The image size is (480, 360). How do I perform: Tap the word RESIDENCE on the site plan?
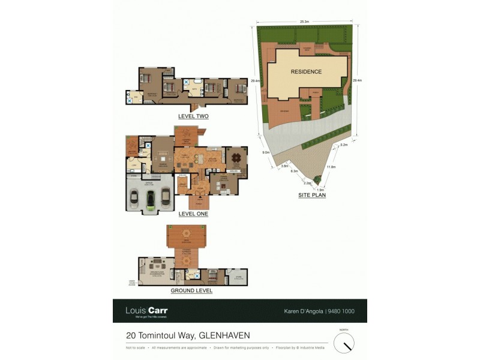tap(306, 72)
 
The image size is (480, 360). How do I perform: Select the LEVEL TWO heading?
tap(193, 116)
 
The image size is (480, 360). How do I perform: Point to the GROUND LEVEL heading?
tap(192, 290)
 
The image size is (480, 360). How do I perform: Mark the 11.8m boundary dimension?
tap(331, 167)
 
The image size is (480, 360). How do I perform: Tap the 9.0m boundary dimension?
tap(266, 152)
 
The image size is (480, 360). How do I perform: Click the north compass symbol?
tap(344, 343)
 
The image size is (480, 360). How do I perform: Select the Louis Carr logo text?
tap(146, 311)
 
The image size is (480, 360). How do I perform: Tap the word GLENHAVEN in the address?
tap(225, 335)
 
